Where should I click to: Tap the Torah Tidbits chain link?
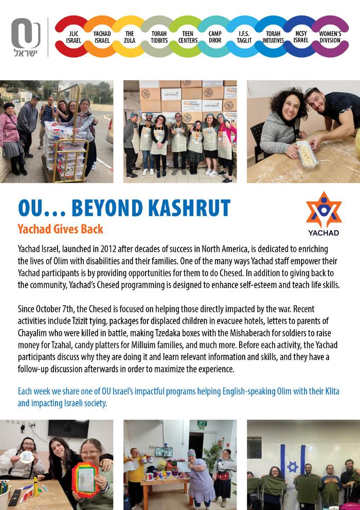158,36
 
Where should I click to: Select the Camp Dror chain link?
215,36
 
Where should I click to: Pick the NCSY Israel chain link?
301,36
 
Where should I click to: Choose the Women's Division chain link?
330,36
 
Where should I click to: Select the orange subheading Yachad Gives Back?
60,229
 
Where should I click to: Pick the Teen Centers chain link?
187,36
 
